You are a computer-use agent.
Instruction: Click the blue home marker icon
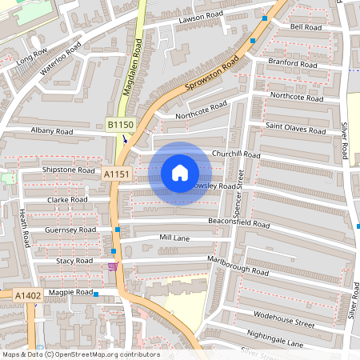[180, 173]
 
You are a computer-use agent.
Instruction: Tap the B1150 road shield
[120, 125]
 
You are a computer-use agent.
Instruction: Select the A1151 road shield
[116, 174]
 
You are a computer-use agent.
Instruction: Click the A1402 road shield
[28, 295]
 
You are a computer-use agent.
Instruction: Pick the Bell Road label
[306, 26]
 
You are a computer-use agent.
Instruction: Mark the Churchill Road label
[236, 154]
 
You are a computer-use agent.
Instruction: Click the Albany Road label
[52, 130]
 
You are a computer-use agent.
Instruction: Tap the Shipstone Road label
[70, 170]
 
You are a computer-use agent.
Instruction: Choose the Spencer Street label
[240, 190]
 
